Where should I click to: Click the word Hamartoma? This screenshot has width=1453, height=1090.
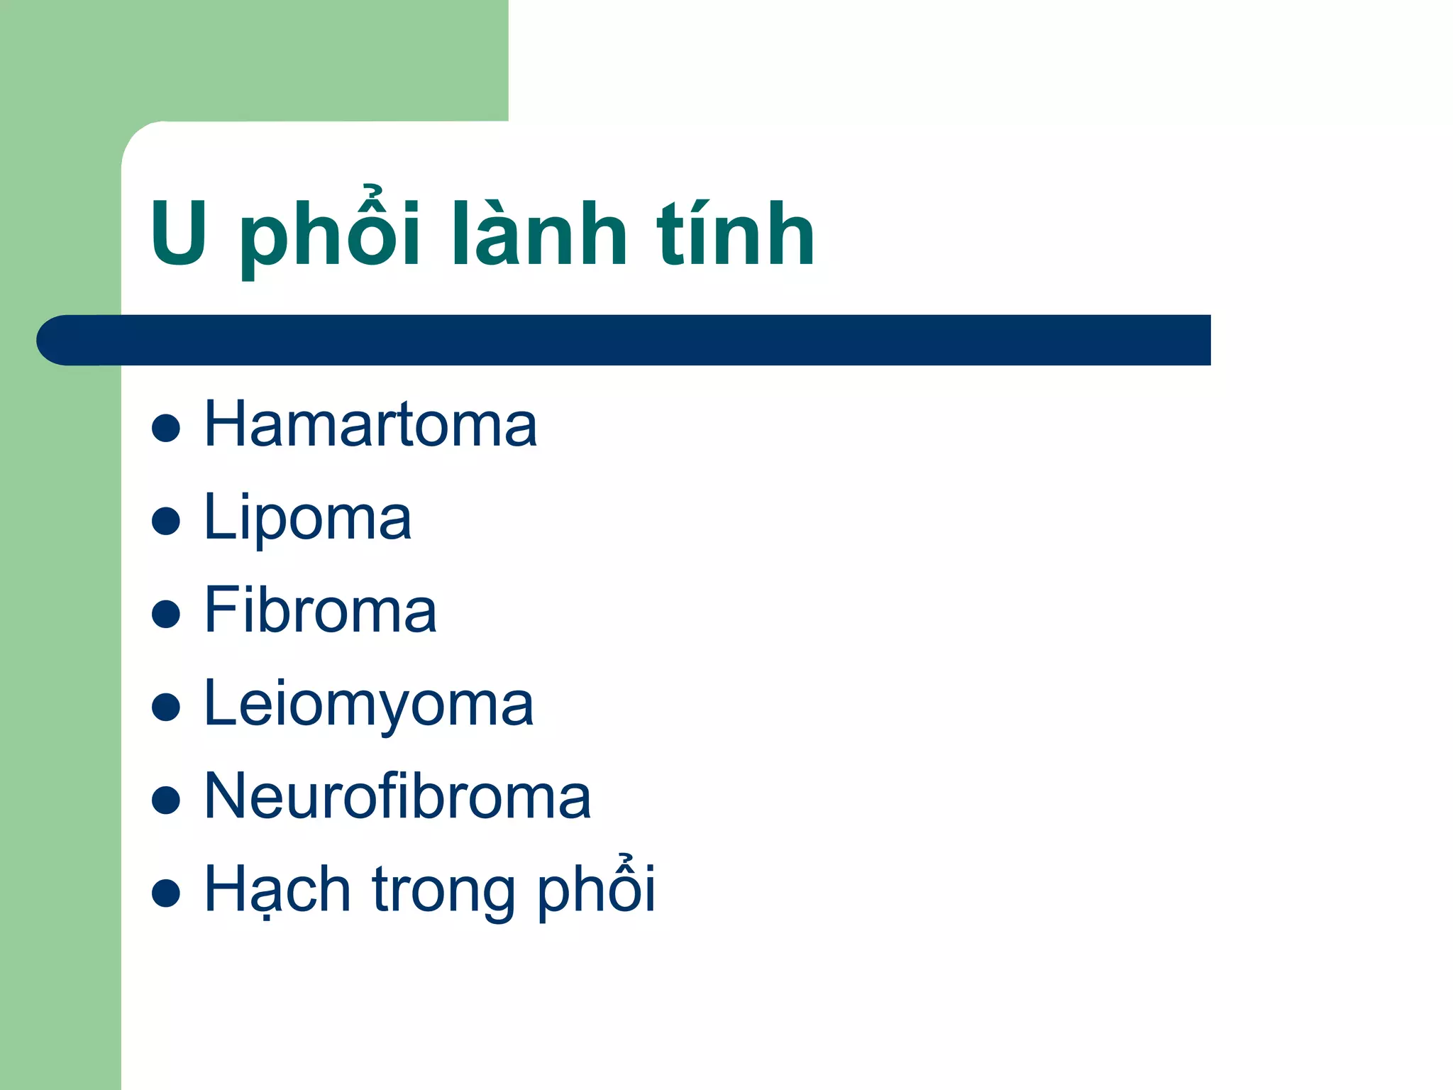(x=370, y=425)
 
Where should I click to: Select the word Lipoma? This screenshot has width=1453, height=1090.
(x=307, y=518)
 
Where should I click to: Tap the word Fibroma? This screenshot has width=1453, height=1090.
(x=320, y=611)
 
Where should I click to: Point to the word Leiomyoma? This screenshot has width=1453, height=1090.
(x=368, y=705)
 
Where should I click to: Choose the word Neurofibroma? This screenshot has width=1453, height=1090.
(x=397, y=797)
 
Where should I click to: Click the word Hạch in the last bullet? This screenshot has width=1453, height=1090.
(x=277, y=890)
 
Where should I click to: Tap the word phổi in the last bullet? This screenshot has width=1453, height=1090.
(x=596, y=890)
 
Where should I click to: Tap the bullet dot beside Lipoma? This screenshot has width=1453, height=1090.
(x=166, y=521)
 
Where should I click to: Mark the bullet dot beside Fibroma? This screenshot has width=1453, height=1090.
(x=166, y=614)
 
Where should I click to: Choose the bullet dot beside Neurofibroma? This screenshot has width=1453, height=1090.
(x=166, y=800)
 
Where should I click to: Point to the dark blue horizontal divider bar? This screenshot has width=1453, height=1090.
(x=639, y=341)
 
